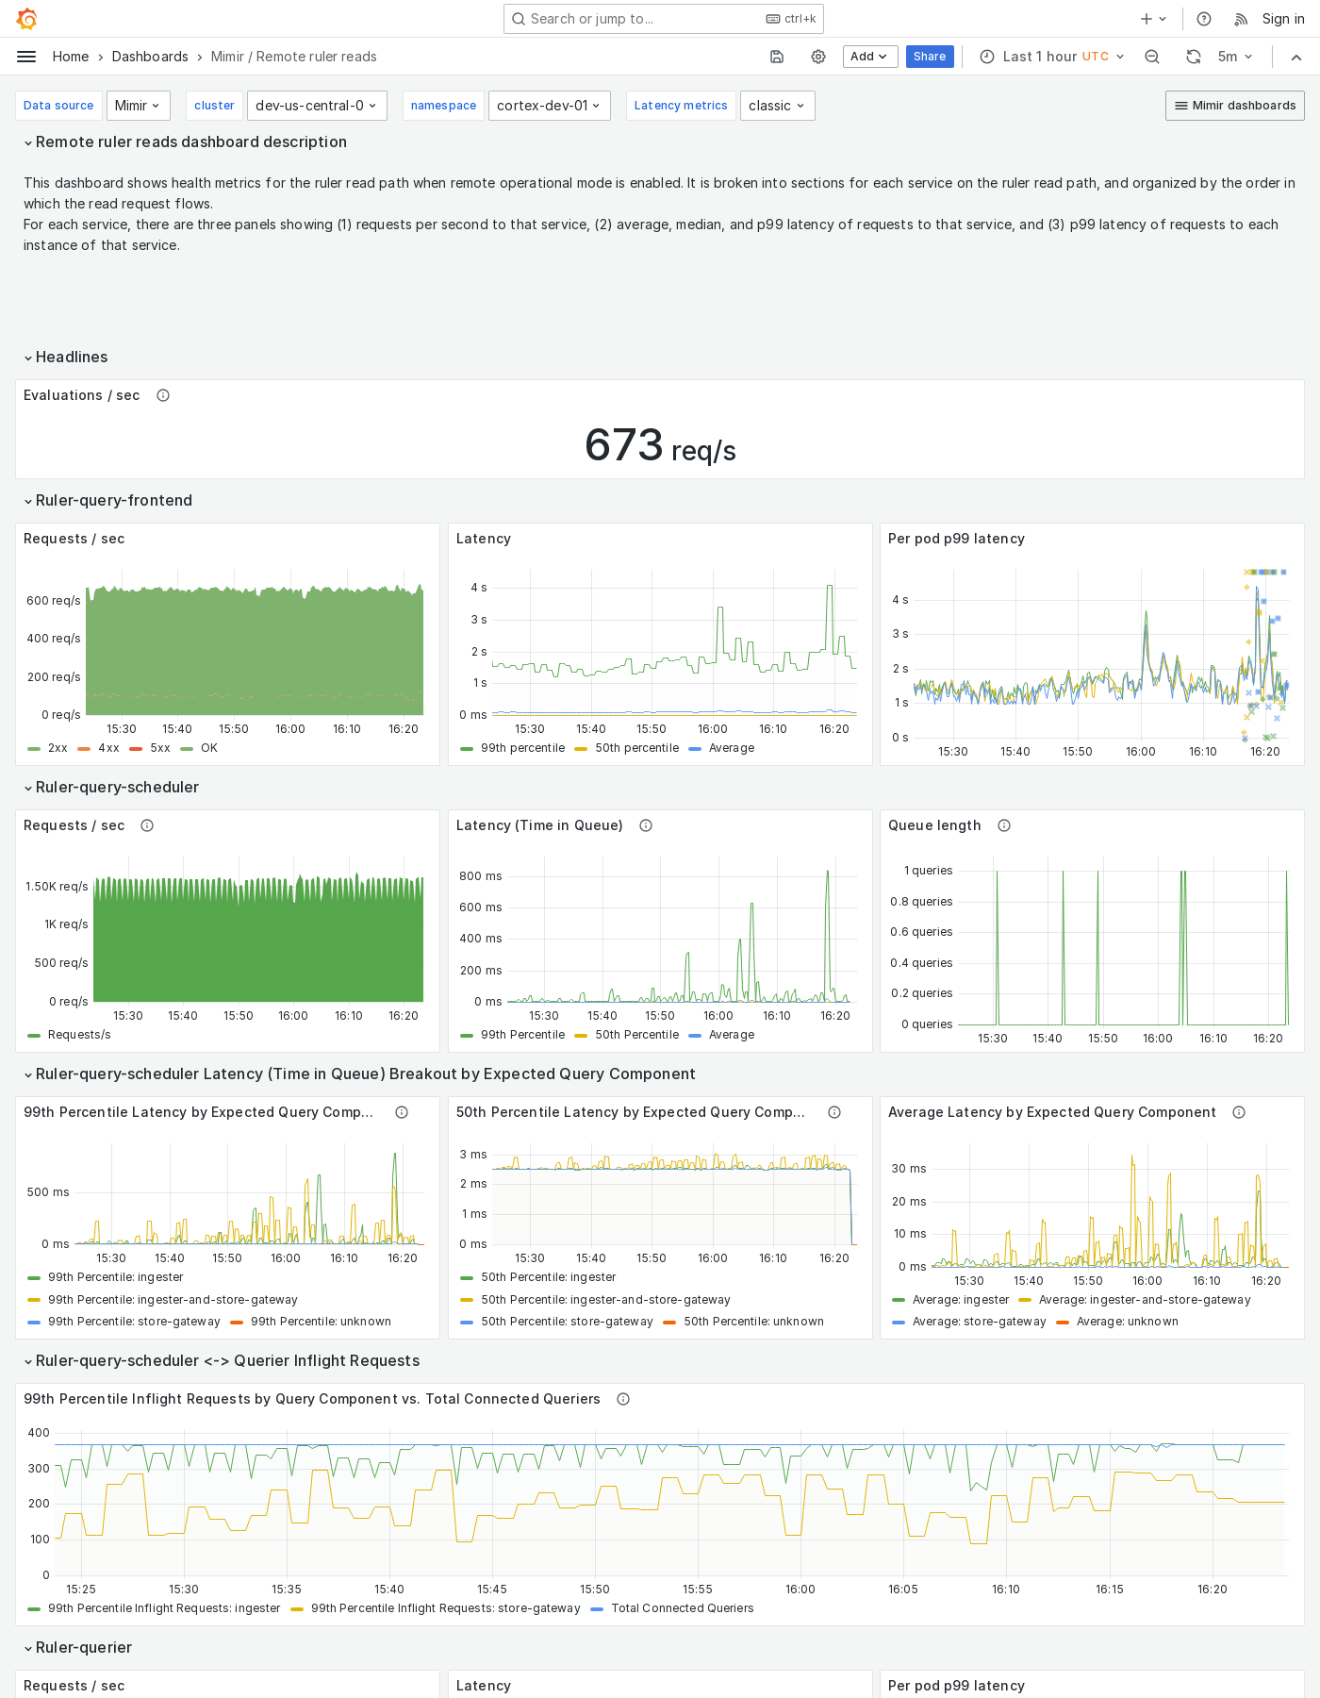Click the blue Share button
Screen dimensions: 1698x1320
929,57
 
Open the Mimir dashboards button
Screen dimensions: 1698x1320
1234,106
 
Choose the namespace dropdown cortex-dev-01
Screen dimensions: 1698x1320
549,106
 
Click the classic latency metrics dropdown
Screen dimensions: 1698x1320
777,106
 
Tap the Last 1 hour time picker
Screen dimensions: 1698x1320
1051,57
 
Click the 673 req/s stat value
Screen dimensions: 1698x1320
659,445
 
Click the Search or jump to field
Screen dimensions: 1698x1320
663,19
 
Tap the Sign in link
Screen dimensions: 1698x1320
1282,19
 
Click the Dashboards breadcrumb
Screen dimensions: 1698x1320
150,57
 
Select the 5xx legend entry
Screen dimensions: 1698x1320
159,748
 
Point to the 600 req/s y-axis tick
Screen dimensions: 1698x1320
54,601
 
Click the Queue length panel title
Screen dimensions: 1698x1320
933,825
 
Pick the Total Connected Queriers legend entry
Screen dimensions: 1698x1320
682,1608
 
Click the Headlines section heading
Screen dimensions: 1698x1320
72,357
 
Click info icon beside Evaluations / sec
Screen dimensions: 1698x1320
163,395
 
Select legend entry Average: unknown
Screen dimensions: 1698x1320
1127,1322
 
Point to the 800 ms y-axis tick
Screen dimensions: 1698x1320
480,876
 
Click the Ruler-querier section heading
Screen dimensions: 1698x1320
84,1647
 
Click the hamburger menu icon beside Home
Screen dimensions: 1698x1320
26,57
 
